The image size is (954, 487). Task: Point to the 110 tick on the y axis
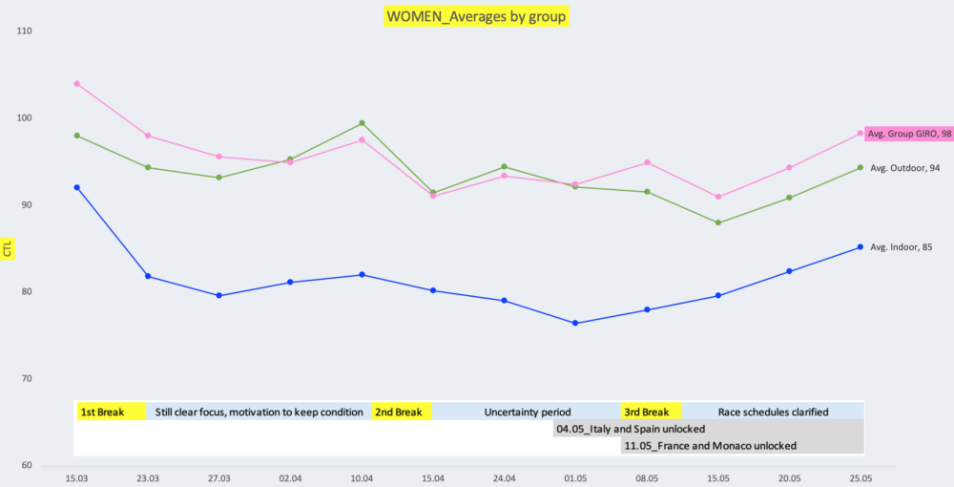click(25, 32)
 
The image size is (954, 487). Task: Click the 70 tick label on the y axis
click(25, 379)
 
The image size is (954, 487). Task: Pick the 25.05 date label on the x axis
click(861, 477)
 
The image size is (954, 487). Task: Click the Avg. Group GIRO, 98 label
click(909, 134)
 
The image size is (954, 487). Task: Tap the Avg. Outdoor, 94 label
click(906, 167)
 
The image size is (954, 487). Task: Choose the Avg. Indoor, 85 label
click(902, 247)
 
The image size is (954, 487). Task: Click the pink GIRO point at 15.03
click(76, 84)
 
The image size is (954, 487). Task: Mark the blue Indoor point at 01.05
click(575, 323)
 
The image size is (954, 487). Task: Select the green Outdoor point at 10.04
click(362, 123)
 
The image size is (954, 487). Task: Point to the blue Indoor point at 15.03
click(76, 187)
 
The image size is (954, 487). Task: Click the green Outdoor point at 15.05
click(718, 222)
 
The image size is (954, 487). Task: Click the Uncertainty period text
click(528, 413)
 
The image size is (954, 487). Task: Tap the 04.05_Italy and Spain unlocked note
click(630, 430)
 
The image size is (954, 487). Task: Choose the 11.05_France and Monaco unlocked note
click(709, 446)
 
